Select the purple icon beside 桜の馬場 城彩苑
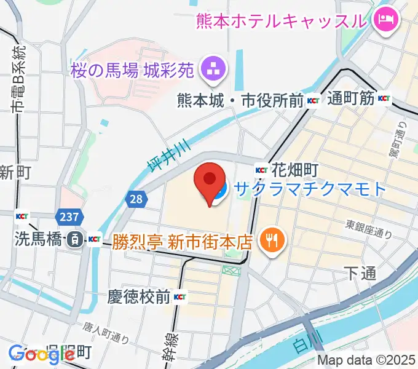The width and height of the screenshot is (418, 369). [x=214, y=69]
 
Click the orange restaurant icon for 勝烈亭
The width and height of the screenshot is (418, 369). [x=269, y=239]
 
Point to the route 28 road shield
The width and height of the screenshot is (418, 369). [x=136, y=198]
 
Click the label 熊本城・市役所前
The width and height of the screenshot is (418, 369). [x=240, y=100]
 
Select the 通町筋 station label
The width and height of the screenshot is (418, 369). [x=350, y=98]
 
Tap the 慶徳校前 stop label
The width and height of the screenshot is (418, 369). [x=140, y=297]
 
